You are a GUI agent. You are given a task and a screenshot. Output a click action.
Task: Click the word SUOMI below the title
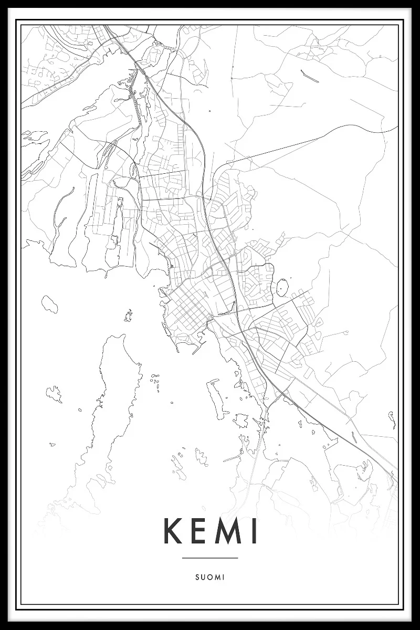[x=210, y=577]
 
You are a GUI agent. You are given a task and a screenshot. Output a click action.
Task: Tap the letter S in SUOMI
[x=197, y=577]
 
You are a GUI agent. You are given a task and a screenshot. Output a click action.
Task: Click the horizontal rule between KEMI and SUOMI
[x=210, y=558]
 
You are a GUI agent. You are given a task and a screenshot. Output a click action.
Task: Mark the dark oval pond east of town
[x=282, y=288]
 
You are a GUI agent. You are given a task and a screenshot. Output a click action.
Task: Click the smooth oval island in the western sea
[x=50, y=303]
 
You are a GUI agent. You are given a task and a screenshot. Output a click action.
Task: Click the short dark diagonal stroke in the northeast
[x=309, y=76]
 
